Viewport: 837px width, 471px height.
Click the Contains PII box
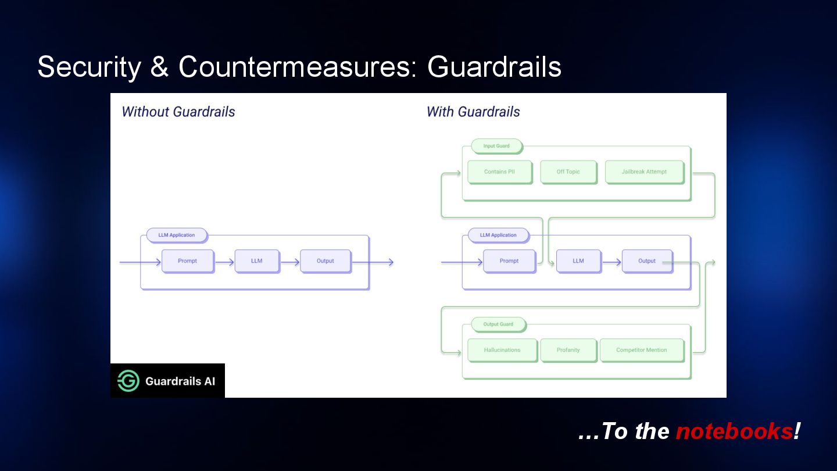click(499, 172)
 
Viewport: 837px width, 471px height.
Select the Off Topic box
click(568, 172)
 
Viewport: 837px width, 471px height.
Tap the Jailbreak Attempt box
click(644, 172)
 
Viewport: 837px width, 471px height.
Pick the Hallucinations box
click(502, 350)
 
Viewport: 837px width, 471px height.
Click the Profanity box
click(568, 350)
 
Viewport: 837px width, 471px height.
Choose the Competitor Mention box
click(641, 350)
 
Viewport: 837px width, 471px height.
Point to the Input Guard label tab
click(496, 146)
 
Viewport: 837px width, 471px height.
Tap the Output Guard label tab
click(498, 324)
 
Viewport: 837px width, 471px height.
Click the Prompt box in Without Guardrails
click(187, 261)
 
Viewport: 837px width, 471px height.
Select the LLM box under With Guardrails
click(578, 261)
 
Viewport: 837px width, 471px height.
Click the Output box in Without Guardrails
click(325, 261)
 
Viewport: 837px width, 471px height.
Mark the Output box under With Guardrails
click(646, 261)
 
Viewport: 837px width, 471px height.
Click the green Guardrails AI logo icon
click(128, 381)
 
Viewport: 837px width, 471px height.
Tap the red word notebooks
click(734, 431)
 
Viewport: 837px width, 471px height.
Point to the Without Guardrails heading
click(178, 112)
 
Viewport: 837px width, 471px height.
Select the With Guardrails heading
click(473, 112)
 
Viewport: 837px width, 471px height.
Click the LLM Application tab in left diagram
click(176, 235)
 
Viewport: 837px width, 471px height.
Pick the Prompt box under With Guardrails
click(509, 261)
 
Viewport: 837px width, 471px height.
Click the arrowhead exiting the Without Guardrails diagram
click(391, 262)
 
